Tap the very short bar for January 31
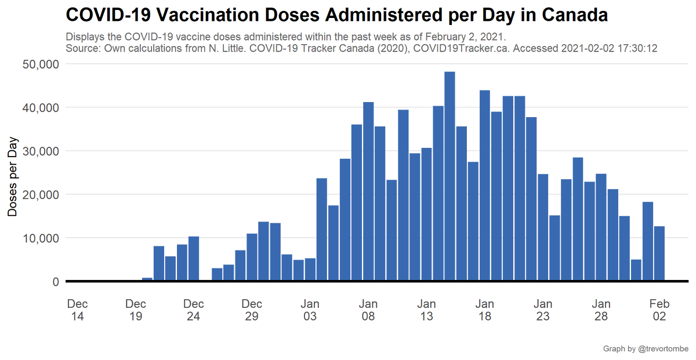[636, 270]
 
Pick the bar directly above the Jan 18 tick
[484, 186]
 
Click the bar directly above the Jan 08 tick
[368, 191]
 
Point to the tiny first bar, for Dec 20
[147, 279]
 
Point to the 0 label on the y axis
[55, 282]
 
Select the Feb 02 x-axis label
[659, 310]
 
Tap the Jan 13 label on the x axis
[426, 310]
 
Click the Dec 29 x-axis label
[252, 310]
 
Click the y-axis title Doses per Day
[13, 177]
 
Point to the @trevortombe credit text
[663, 348]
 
